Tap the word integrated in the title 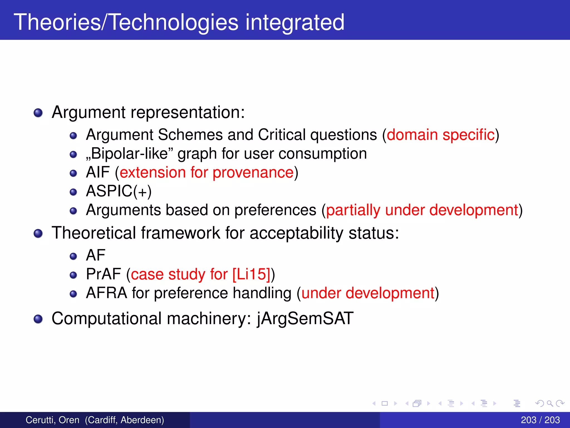[295, 22]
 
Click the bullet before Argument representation [38, 113]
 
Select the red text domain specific [441, 135]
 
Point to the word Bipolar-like [130, 154]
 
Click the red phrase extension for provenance [207, 172]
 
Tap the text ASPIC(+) [119, 191]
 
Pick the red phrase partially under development [422, 210]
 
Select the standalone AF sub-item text [96, 255]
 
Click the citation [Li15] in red [251, 274]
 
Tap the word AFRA [106, 293]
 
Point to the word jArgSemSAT [305, 318]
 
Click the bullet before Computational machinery [38, 319]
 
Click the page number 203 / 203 [540, 420]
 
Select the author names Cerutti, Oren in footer [52, 420]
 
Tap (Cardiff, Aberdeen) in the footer [124, 420]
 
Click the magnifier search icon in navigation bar [549, 403]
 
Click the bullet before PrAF [73, 275]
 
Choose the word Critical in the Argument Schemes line [282, 135]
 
